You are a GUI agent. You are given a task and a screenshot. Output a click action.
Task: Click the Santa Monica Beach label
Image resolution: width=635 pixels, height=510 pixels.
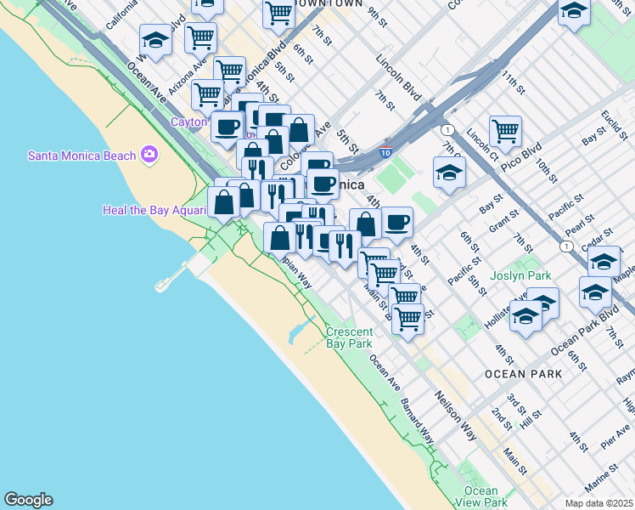click(81, 156)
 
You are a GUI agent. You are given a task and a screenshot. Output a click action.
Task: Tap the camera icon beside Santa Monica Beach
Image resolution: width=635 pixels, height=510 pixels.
click(150, 154)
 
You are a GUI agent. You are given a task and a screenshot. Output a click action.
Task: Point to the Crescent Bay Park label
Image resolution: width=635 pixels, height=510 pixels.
click(349, 338)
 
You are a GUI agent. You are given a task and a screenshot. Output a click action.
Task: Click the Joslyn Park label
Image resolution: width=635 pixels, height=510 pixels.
click(520, 276)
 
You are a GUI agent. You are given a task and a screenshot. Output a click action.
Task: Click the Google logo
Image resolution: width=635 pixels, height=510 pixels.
click(28, 500)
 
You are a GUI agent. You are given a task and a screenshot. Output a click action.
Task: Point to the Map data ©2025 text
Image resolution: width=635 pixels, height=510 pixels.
click(598, 503)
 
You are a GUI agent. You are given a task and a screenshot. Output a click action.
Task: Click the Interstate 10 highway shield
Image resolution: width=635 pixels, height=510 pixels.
click(385, 153)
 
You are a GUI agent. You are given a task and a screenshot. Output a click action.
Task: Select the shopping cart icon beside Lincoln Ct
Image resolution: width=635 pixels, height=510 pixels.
click(505, 130)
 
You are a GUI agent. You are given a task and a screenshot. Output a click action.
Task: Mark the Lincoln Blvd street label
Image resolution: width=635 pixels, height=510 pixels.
click(400, 76)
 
